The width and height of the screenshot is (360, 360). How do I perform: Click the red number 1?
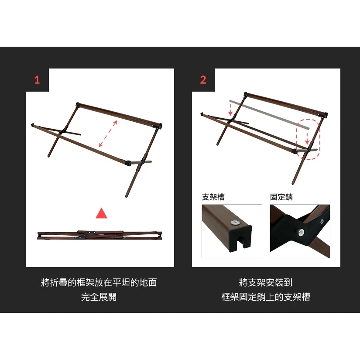pyautogui.click(x=37, y=80)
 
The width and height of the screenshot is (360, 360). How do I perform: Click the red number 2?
pyautogui.click(x=203, y=80)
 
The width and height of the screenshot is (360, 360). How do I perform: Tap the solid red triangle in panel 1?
pyautogui.click(x=101, y=213)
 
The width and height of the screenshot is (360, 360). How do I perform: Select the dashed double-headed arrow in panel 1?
pyautogui.click(x=108, y=134)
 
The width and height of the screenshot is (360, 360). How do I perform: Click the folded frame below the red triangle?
pyautogui.click(x=99, y=235)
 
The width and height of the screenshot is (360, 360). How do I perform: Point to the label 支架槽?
pyautogui.click(x=213, y=197)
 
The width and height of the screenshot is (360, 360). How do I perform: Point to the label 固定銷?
pyautogui.click(x=281, y=197)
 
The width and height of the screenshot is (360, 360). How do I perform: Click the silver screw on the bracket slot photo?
pyautogui.click(x=235, y=222)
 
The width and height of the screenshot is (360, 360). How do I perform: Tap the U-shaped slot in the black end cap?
pyautogui.click(x=241, y=241)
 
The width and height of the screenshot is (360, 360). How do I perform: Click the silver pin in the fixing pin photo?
pyautogui.click(x=301, y=232)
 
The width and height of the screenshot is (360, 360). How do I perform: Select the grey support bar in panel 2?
pyautogui.click(x=269, y=114)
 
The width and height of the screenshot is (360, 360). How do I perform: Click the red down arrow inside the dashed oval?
pyautogui.click(x=307, y=139)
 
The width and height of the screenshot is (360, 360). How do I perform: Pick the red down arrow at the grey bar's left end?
pyautogui.click(x=230, y=110)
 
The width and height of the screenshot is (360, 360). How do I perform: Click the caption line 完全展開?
pyautogui.click(x=99, y=297)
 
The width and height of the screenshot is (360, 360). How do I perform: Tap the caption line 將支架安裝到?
pyautogui.click(x=266, y=282)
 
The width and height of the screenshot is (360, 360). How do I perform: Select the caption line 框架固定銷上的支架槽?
pyautogui.click(x=266, y=297)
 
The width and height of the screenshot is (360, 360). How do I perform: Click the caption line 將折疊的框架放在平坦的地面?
pyautogui.click(x=99, y=282)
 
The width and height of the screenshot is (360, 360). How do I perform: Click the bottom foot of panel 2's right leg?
pyautogui.click(x=293, y=183)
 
